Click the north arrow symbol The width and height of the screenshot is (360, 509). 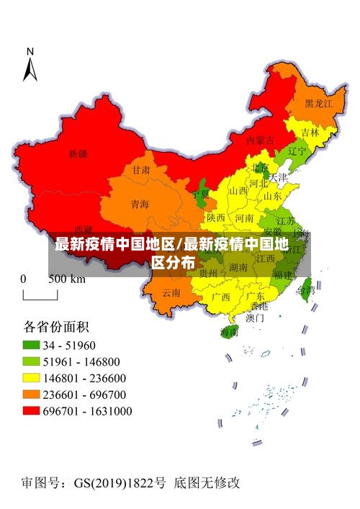click(30, 65)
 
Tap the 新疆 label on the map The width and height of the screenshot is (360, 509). click(78, 154)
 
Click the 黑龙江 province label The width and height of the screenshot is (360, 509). click(319, 104)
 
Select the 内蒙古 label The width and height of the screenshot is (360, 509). click(260, 140)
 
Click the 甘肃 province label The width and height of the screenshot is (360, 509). click(141, 171)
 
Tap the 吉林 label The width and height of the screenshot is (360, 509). click(310, 132)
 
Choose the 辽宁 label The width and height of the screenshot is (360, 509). click(297, 152)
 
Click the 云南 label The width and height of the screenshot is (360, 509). click(171, 292)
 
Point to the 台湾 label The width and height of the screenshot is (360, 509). click(306, 291)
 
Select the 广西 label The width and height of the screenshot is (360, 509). click(221, 296)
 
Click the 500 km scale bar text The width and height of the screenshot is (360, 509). click(66, 279)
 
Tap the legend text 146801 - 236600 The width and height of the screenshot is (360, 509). click(85, 378)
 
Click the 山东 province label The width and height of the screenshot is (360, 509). click(272, 196)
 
